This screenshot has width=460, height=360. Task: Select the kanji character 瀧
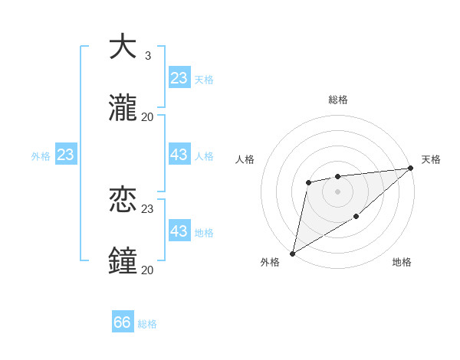(x=123, y=108)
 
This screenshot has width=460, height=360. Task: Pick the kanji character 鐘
(x=123, y=261)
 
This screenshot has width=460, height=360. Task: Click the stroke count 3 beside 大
(x=147, y=55)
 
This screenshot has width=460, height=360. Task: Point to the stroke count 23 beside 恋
(x=147, y=208)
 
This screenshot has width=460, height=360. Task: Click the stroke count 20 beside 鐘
(x=147, y=270)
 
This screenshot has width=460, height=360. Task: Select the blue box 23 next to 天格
(x=179, y=78)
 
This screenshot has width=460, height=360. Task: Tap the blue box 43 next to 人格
(x=179, y=155)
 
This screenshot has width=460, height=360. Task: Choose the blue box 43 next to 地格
(x=179, y=231)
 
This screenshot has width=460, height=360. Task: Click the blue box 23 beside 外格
(x=65, y=155)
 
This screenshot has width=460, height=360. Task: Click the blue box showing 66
(x=123, y=322)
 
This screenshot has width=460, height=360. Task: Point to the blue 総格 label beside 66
(x=147, y=324)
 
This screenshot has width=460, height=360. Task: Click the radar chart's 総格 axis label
(x=337, y=100)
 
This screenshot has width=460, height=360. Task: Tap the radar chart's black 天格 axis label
(x=431, y=159)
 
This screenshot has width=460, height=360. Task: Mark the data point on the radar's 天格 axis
(x=412, y=168)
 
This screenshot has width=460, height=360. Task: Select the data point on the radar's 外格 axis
(x=292, y=253)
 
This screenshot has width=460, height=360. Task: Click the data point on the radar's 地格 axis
(x=356, y=218)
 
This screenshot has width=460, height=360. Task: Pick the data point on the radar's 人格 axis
(x=308, y=182)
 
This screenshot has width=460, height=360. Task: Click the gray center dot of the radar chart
(x=337, y=191)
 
